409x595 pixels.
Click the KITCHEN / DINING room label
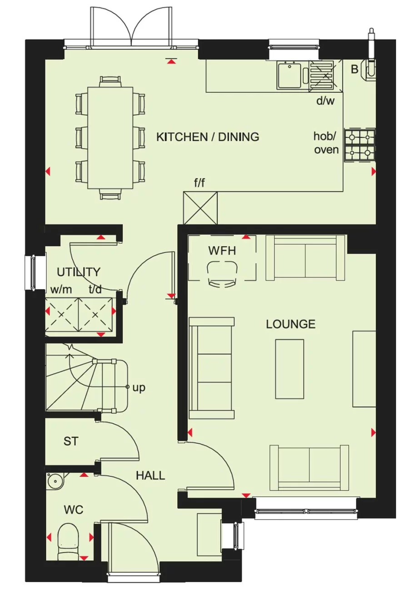208,137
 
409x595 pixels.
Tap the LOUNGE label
290,324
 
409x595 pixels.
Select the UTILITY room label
78,272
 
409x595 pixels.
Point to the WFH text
222,251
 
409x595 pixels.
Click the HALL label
150,476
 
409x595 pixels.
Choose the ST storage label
70,441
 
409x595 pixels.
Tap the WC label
73,510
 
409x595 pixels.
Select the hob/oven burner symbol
360,145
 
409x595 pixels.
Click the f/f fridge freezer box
200,208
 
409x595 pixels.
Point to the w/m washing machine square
62,315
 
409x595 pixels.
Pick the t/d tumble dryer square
95,315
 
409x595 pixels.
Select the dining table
110,137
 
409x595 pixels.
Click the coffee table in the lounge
289,369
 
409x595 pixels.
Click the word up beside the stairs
139,388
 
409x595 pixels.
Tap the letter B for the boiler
354,69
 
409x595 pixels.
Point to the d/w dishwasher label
325,101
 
